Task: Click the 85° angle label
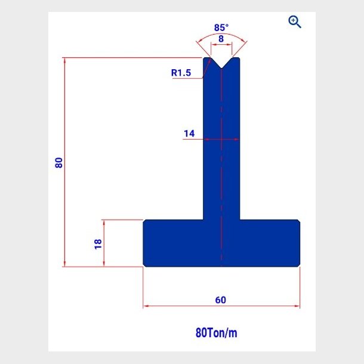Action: pos(221,27)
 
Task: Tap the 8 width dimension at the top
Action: pos(221,39)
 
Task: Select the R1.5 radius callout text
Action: pos(181,73)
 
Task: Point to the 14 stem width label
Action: pos(189,134)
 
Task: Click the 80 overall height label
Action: pos(58,162)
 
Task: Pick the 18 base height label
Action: pos(98,243)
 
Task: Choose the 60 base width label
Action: pos(220,300)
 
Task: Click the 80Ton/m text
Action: pos(217,332)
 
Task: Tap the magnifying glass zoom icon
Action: pos(295,22)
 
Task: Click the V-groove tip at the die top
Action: pos(221,68)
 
